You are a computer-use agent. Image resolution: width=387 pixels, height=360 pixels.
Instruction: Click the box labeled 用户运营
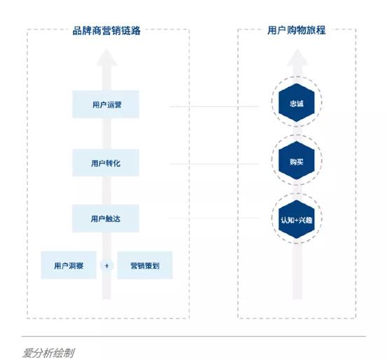pyautogui.click(x=106, y=105)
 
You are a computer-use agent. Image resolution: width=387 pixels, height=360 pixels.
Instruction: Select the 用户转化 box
pyautogui.click(x=106, y=162)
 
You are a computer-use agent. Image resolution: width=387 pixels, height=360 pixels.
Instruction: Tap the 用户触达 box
pyautogui.click(x=106, y=219)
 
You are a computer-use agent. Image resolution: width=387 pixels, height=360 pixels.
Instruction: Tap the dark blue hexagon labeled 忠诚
pyautogui.click(x=296, y=104)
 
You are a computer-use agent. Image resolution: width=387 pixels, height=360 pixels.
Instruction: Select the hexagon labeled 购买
pyautogui.click(x=296, y=162)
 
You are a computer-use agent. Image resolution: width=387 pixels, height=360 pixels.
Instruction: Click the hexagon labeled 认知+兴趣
pyautogui.click(x=296, y=219)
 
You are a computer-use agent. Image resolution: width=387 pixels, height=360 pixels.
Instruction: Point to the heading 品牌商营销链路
pyautogui.click(x=106, y=31)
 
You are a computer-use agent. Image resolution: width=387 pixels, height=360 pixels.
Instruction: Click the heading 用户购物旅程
pyautogui.click(x=297, y=31)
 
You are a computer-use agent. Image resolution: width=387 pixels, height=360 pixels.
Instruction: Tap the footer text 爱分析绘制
pyautogui.click(x=48, y=352)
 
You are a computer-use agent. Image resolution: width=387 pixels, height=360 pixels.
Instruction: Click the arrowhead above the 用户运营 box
pyautogui.click(x=106, y=60)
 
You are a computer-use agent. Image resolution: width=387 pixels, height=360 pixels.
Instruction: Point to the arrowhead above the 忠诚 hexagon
pyautogui.click(x=297, y=60)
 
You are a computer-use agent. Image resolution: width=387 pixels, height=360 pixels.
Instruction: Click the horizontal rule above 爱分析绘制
pyautogui.click(x=193, y=336)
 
